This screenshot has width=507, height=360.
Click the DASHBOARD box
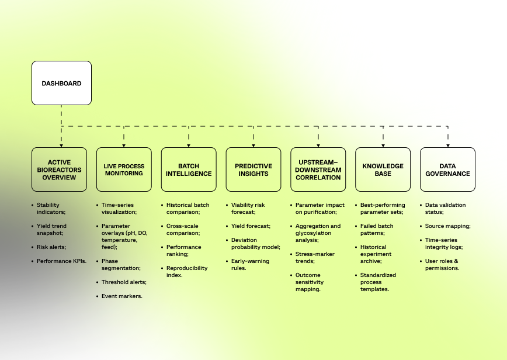pos(61,83)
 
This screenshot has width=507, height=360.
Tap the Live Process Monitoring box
pos(124,169)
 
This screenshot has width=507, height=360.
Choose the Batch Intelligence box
pos(189,169)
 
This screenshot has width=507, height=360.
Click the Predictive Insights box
pos(254,169)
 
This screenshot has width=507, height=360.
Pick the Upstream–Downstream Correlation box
pos(318,169)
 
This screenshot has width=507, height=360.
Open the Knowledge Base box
pos(383,169)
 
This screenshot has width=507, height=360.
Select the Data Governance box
pos(448,169)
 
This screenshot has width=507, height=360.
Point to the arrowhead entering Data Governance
pos(448,144)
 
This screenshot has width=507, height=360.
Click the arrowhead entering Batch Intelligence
pos(189,144)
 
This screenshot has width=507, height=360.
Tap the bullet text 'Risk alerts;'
pos(51,247)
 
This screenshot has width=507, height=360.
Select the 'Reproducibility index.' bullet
pos(183,271)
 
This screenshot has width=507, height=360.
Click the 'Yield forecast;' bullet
pos(251,226)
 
